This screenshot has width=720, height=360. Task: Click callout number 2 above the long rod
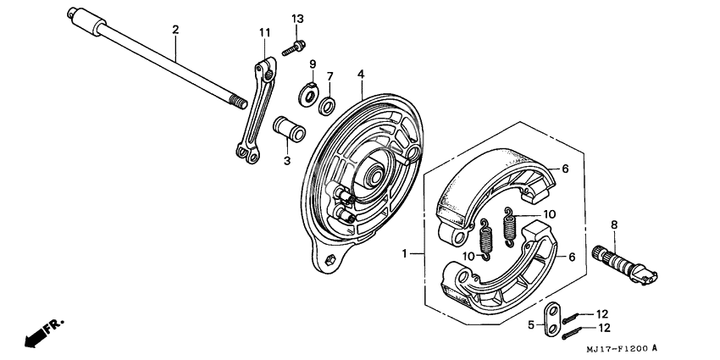(175, 30)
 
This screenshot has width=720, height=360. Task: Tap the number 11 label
(264, 32)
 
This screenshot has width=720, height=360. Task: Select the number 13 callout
(297, 19)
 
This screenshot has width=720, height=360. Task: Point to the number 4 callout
(360, 75)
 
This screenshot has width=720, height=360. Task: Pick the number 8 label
(614, 224)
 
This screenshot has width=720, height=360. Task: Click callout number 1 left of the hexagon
(405, 253)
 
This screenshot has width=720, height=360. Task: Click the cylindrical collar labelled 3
(288, 134)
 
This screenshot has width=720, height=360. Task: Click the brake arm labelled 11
(255, 110)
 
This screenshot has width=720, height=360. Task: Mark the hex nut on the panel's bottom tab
(331, 258)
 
